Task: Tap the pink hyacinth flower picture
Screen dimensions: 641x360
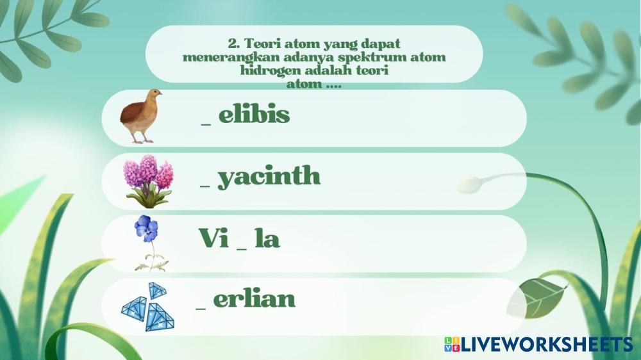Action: (x=149, y=181)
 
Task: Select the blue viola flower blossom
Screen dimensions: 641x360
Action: (x=146, y=229)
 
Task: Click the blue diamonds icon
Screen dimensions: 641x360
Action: (x=148, y=306)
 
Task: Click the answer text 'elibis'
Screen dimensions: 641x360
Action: (x=254, y=114)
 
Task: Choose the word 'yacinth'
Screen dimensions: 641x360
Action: (x=269, y=177)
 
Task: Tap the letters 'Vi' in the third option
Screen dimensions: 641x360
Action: (x=213, y=238)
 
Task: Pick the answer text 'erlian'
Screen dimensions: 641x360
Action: (x=254, y=299)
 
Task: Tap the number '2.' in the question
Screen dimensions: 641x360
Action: (x=234, y=44)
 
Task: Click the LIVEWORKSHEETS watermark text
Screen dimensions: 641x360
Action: (x=547, y=345)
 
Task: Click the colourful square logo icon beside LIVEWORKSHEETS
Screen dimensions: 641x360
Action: (x=452, y=344)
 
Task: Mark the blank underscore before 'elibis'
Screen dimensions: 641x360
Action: (x=206, y=125)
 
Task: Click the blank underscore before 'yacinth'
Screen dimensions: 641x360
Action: (x=205, y=187)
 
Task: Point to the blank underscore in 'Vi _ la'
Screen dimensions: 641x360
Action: (x=242, y=249)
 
